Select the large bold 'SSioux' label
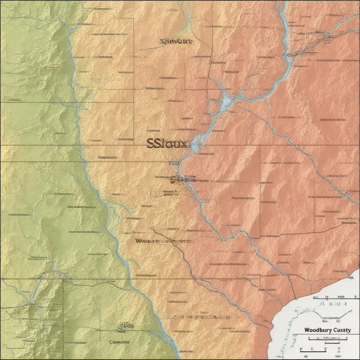(168, 143)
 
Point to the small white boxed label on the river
(174, 163)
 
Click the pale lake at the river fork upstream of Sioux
(226, 102)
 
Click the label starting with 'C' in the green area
(120, 342)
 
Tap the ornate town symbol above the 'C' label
(126, 327)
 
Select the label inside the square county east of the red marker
(243, 198)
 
